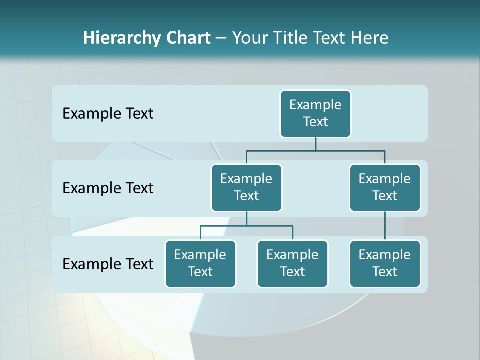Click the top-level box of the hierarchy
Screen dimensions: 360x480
click(x=315, y=114)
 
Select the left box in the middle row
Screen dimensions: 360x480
click(x=246, y=187)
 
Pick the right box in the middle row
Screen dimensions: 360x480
click(x=385, y=187)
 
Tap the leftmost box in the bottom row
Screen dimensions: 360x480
click(x=200, y=263)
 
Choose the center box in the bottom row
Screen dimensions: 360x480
click(x=292, y=263)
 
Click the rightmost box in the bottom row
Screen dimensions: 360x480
click(x=385, y=263)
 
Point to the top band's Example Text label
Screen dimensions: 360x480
click(x=108, y=114)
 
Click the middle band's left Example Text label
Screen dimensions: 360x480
click(x=108, y=188)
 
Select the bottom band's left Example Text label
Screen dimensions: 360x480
click(x=108, y=264)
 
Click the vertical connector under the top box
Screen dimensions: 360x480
click(x=315, y=144)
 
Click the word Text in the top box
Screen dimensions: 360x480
click(x=315, y=122)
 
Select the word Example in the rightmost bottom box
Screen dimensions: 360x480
click(x=385, y=255)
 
